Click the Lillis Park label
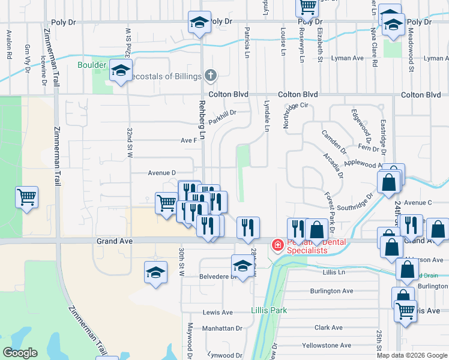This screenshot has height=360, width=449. click(x=268, y=310)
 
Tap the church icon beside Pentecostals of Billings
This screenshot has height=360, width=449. click(x=209, y=76)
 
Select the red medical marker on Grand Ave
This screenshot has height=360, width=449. click(x=277, y=245)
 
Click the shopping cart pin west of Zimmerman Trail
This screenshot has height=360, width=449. click(x=27, y=197)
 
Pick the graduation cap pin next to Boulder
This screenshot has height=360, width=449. click(x=121, y=72)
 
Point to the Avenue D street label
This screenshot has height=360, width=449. click(x=161, y=173)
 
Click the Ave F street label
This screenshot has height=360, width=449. click(x=189, y=140)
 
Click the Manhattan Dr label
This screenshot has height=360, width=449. click(x=222, y=329)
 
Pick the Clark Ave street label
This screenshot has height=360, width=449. click(x=328, y=328)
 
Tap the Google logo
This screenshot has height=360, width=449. click(x=20, y=353)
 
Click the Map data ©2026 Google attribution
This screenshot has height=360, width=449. click(x=412, y=355)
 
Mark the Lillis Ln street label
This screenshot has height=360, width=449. click(x=334, y=272)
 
